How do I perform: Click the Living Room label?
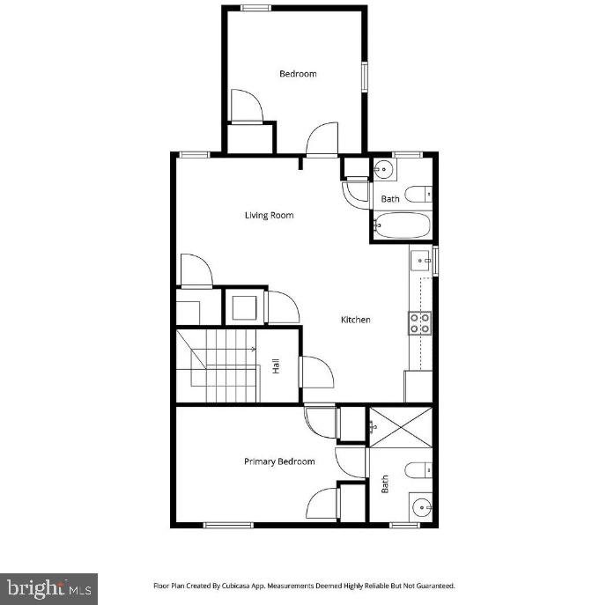pyautogui.click(x=269, y=215)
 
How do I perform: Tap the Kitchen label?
pyautogui.click(x=356, y=320)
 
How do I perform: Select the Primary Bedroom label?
pyautogui.click(x=278, y=461)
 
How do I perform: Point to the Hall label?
pyautogui.click(x=276, y=366)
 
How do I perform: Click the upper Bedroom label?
pyautogui.click(x=298, y=74)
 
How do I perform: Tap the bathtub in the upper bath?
pyautogui.click(x=402, y=226)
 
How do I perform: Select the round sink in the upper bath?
pyautogui.click(x=384, y=170)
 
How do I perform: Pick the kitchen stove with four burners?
pyautogui.click(x=419, y=323)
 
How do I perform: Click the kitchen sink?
pyautogui.click(x=420, y=261)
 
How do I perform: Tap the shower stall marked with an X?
pyautogui.click(x=401, y=426)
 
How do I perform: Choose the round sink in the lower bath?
pyautogui.click(x=421, y=508)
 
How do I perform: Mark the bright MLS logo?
pyautogui.click(x=48, y=587)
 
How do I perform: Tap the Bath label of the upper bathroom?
pyautogui.click(x=390, y=199)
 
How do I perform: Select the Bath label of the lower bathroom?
pyautogui.click(x=385, y=484)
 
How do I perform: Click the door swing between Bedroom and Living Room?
pyautogui.click(x=321, y=139)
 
